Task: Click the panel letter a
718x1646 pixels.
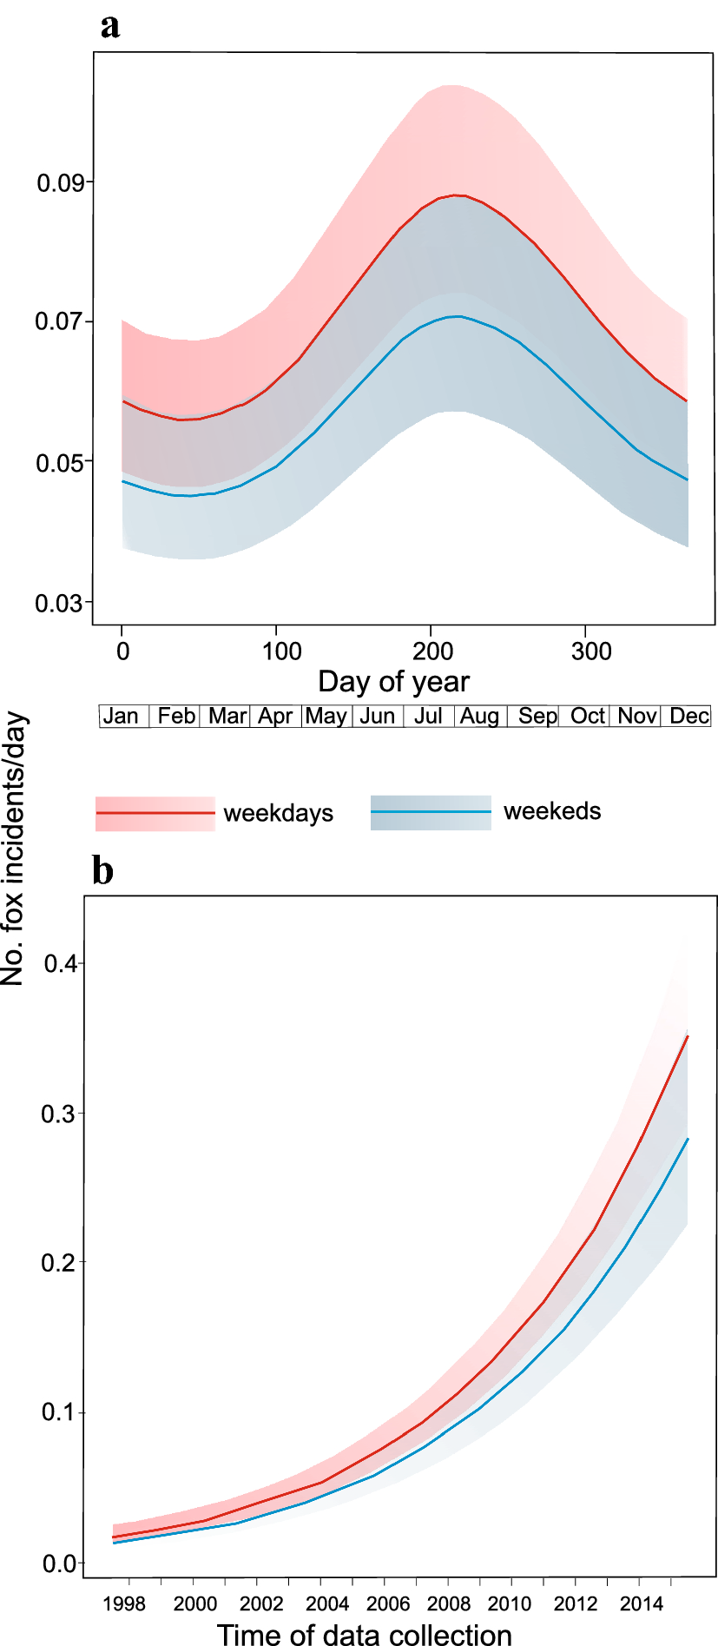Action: (110, 27)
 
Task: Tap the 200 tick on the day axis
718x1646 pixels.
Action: (432, 651)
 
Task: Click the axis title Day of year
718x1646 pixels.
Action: (393, 682)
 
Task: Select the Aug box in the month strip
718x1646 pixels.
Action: (479, 717)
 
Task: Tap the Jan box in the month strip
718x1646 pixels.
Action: (121, 717)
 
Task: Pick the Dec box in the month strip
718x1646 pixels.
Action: (689, 717)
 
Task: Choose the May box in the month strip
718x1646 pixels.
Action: (326, 717)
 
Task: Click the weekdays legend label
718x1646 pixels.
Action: (278, 814)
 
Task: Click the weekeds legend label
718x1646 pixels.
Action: (552, 811)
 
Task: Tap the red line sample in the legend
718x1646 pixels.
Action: (155, 813)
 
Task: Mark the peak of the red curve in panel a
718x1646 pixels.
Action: (458, 195)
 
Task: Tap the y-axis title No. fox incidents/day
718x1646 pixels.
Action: (13, 849)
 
